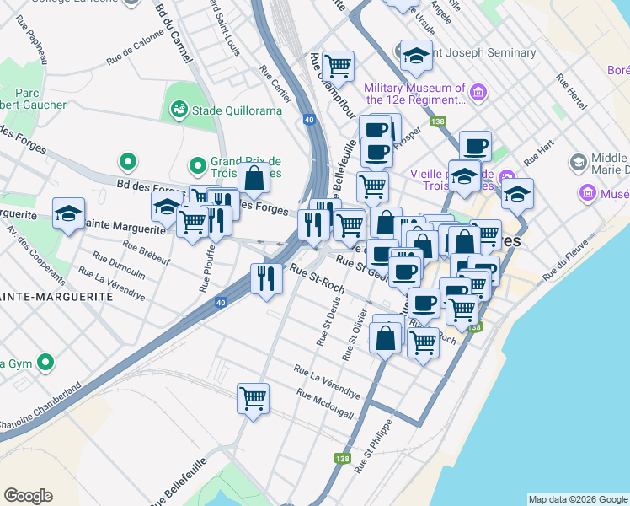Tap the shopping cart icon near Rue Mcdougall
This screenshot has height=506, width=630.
253,397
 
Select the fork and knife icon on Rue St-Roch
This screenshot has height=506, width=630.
266,277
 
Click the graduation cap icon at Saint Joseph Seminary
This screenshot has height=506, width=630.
416,55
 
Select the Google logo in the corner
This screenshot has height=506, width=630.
28,496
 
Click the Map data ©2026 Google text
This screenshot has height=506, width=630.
578,499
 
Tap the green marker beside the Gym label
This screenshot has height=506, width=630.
45,363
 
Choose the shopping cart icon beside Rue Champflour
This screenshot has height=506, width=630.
338,65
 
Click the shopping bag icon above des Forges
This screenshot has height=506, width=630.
254,177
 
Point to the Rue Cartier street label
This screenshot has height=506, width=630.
275,84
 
